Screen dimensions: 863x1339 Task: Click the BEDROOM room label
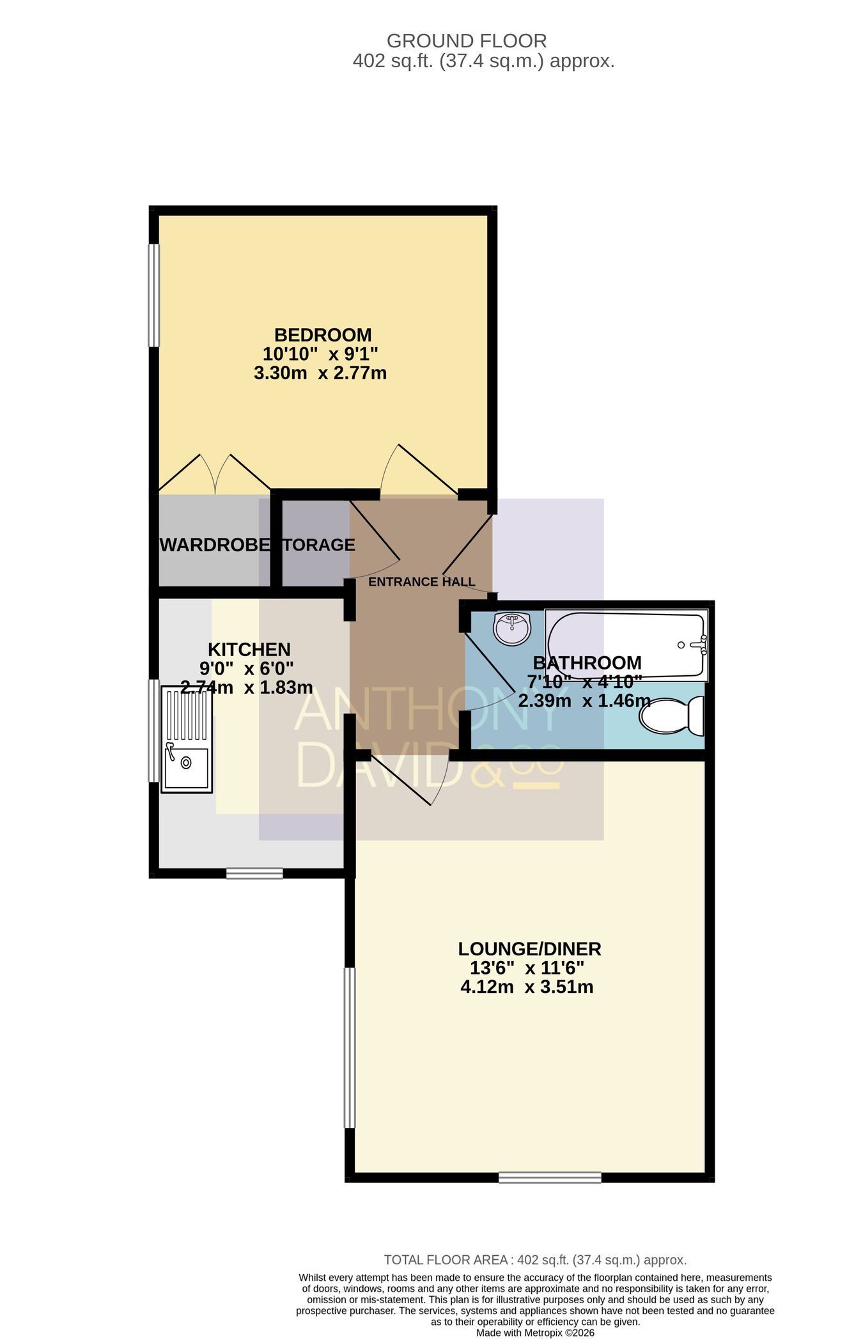(x=323, y=334)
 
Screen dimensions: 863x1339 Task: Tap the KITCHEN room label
(x=249, y=649)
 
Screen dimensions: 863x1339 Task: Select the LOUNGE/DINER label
(x=530, y=948)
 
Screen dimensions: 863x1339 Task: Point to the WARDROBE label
(x=215, y=545)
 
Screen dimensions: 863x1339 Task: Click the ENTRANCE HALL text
(x=422, y=582)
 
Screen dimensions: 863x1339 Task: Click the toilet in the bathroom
(x=672, y=717)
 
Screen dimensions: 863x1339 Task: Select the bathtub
(x=626, y=645)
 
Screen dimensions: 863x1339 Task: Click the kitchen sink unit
(x=187, y=739)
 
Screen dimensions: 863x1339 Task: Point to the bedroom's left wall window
(x=153, y=295)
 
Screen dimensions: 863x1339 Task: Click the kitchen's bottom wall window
(x=254, y=873)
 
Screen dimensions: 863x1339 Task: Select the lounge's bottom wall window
(x=550, y=1177)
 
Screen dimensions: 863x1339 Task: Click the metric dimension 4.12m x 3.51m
(x=527, y=987)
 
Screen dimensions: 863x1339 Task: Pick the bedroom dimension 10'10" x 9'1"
(x=320, y=354)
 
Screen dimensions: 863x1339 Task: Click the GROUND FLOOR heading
(x=467, y=41)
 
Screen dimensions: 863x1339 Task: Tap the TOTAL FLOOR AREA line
(x=535, y=1260)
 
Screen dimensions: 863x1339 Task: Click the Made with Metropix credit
(x=535, y=1333)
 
